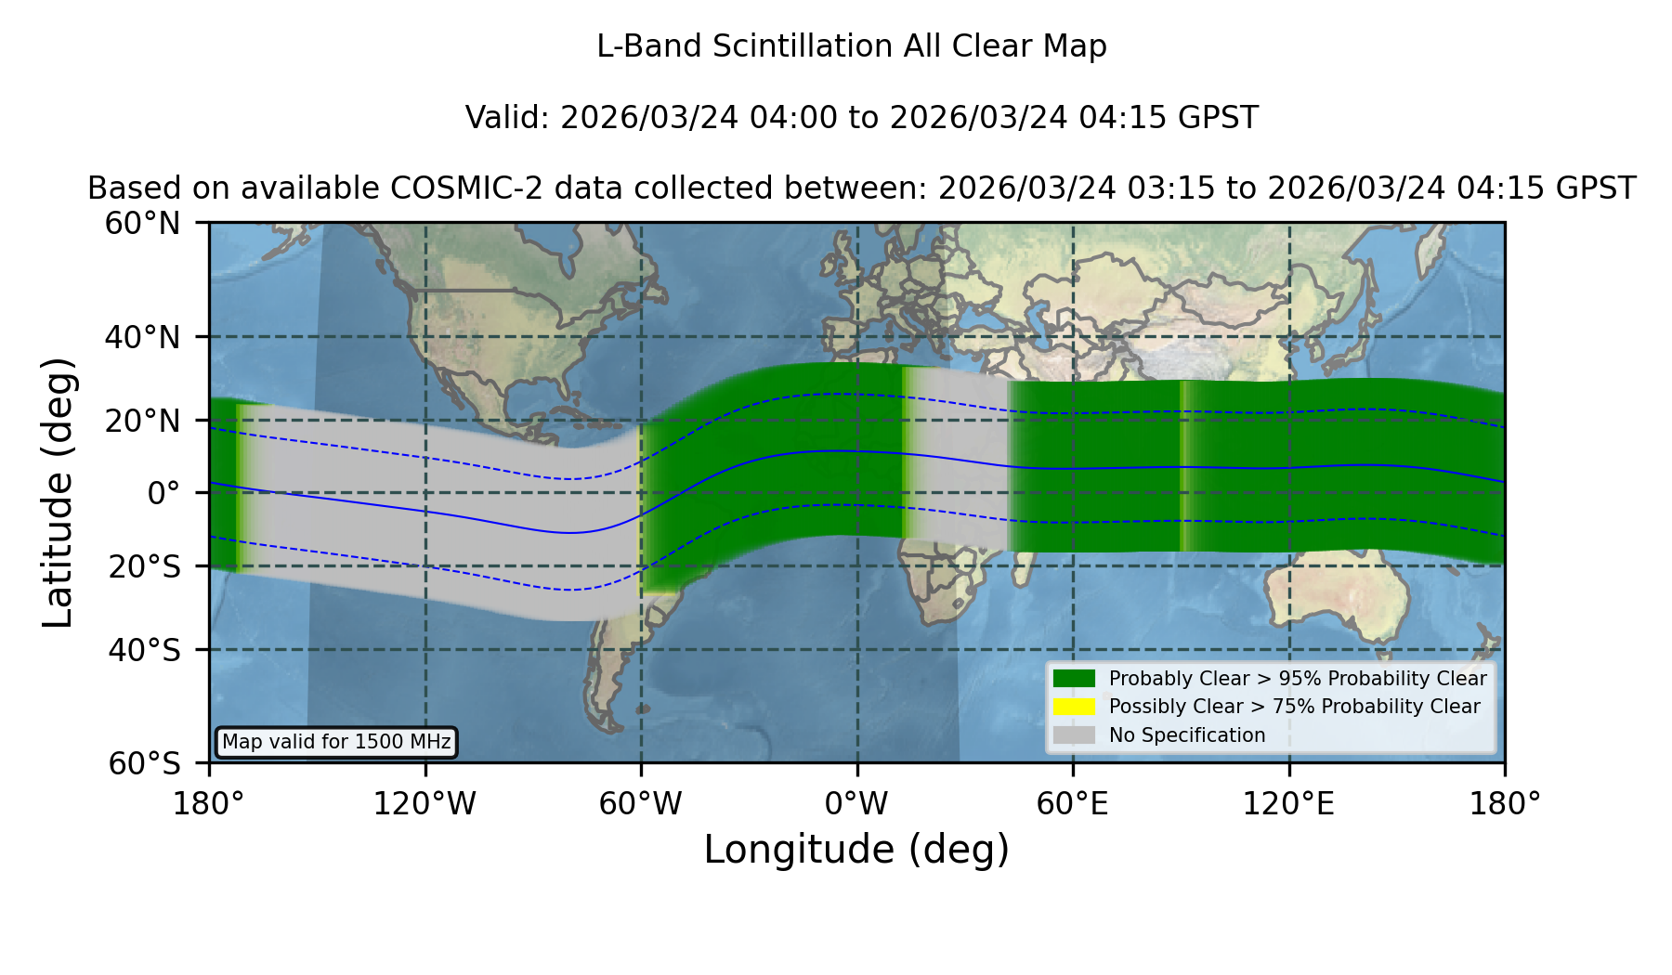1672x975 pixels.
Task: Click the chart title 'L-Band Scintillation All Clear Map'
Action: (x=851, y=46)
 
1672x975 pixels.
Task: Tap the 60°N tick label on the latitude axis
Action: (x=143, y=224)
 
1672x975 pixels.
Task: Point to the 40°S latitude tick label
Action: (x=144, y=650)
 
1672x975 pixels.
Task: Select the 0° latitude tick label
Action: (x=163, y=493)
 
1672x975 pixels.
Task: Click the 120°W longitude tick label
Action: (x=425, y=804)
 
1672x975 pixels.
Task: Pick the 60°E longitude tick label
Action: (x=1073, y=804)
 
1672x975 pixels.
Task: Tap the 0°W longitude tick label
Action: (x=856, y=804)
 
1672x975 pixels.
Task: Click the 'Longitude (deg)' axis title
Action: (x=856, y=850)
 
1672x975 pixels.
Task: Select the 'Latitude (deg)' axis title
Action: (x=58, y=492)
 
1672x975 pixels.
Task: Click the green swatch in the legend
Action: (x=1075, y=679)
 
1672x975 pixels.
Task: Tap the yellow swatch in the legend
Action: (x=1075, y=707)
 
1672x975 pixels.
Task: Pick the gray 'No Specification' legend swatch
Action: (x=1075, y=735)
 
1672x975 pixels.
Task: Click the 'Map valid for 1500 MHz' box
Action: (x=336, y=742)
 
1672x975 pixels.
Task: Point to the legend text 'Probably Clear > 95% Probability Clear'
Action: (x=1298, y=679)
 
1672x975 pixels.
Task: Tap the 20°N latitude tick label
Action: (x=143, y=421)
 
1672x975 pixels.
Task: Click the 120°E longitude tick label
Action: (x=1288, y=804)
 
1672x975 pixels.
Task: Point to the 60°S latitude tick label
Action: (x=144, y=763)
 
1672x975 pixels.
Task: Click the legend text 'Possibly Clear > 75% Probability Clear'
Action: (x=1294, y=707)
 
